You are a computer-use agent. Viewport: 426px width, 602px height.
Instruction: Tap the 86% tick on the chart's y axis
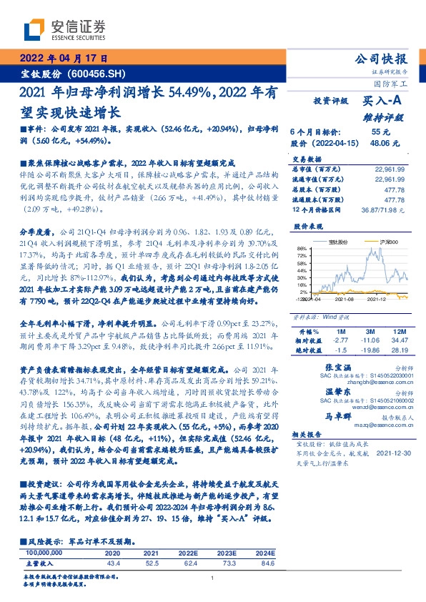pyautogui.click(x=303, y=250)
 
